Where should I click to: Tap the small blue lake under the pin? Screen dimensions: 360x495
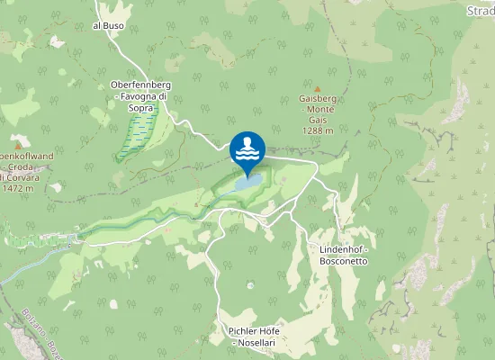(x=249, y=182)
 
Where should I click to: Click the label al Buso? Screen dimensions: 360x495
(x=108, y=26)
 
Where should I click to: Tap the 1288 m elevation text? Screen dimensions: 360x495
(x=318, y=130)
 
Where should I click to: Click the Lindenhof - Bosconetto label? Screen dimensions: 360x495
(x=344, y=254)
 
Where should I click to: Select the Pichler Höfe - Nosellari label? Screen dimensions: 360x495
(x=255, y=337)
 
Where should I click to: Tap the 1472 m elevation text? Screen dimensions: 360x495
(x=18, y=188)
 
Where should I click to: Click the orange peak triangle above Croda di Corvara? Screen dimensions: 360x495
(x=17, y=143)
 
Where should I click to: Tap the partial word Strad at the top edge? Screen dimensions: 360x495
(x=480, y=10)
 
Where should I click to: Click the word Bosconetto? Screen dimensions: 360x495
(x=344, y=260)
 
